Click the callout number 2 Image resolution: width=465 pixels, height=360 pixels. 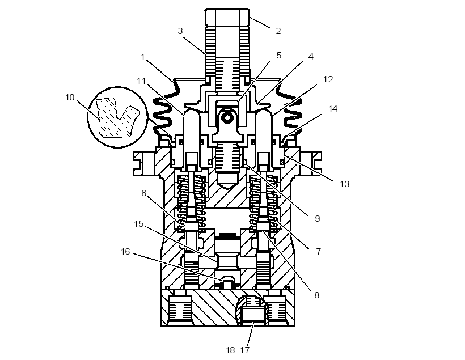278,31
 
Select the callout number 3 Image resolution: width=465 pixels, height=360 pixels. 180,31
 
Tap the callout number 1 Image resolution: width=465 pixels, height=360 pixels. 143,57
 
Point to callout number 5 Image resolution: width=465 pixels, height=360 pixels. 278,56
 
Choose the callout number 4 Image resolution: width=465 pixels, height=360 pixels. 311,56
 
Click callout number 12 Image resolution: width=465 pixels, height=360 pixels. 328,79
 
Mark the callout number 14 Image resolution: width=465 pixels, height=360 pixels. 333,108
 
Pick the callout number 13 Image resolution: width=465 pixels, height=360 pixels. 344,184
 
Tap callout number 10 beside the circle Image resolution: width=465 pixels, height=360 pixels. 70,98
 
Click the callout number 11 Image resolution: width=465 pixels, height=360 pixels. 141,81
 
